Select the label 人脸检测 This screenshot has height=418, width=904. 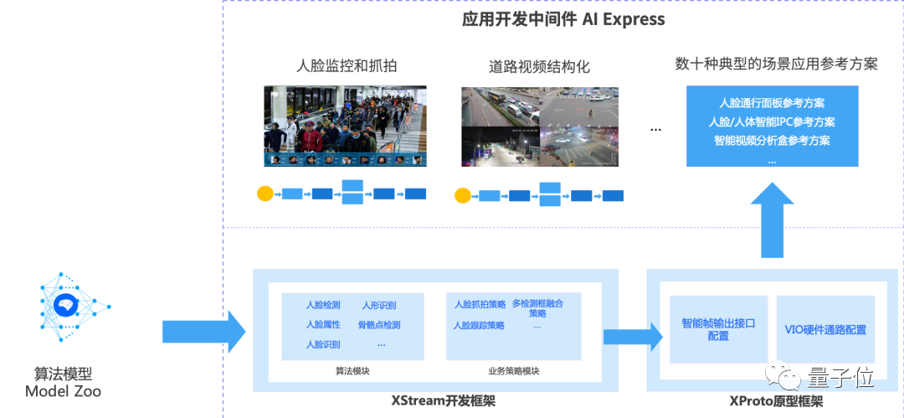(x=323, y=305)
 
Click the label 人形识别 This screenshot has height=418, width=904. (x=378, y=305)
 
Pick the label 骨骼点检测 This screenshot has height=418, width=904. (x=379, y=325)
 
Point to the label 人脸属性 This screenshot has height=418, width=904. (x=323, y=325)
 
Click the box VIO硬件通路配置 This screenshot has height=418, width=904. (x=825, y=329)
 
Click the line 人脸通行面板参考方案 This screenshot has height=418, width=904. (x=772, y=103)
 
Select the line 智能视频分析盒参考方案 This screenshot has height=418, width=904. (x=772, y=140)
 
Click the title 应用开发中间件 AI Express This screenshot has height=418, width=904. (x=563, y=18)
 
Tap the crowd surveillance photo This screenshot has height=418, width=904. (x=346, y=126)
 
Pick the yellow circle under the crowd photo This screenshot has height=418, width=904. (x=265, y=194)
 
